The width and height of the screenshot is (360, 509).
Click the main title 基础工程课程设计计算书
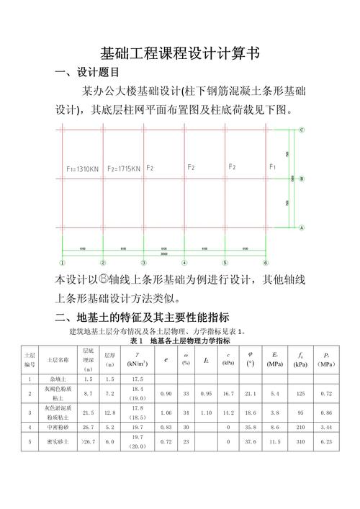point(179,54)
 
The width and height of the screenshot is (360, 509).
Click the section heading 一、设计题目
point(87,73)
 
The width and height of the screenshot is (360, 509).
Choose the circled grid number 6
point(266,262)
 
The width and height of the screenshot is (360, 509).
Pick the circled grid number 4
point(184,262)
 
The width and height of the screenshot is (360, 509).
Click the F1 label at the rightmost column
point(272,167)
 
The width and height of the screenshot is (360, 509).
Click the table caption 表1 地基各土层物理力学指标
point(180,341)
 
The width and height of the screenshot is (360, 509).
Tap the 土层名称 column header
point(58,359)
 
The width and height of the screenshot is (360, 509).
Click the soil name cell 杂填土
point(58,378)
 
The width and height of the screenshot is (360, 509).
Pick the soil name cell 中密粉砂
point(58,428)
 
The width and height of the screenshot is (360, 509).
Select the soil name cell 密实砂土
point(58,441)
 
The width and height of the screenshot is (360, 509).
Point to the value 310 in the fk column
point(300,441)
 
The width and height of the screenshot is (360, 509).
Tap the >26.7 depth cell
point(89,441)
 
